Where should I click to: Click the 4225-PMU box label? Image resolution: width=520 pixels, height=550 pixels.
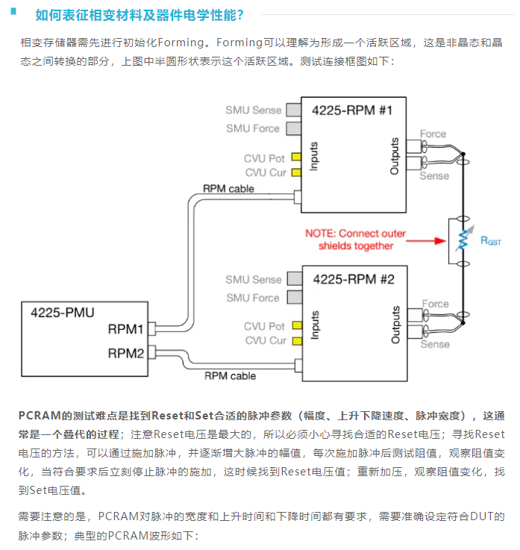pyautogui.click(x=62, y=312)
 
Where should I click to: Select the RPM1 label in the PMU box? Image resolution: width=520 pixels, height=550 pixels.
pyautogui.click(x=125, y=328)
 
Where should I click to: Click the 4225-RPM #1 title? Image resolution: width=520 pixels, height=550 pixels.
pyautogui.click(x=352, y=111)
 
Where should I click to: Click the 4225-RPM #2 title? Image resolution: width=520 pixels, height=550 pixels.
pyautogui.click(x=354, y=280)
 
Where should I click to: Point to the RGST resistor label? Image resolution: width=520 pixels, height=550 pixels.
pyautogui.click(x=490, y=240)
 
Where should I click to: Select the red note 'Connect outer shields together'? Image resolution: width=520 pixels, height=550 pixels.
pyautogui.click(x=356, y=240)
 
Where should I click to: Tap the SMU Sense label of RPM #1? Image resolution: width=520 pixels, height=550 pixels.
pyautogui.click(x=254, y=110)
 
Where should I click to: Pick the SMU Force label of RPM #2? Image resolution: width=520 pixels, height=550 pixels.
pyautogui.click(x=254, y=298)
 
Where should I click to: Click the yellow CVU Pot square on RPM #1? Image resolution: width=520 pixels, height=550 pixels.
pyautogui.click(x=296, y=157)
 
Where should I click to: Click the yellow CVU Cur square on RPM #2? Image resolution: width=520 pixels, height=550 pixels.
pyautogui.click(x=296, y=341)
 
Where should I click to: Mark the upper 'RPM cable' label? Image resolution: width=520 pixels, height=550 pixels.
pyautogui.click(x=228, y=189)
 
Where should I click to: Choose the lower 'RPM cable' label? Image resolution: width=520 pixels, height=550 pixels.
pyautogui.click(x=230, y=376)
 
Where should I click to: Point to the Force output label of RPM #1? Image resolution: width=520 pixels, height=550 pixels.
pyautogui.click(x=433, y=134)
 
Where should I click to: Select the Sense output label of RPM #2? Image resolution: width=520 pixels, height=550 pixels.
pyautogui.click(x=434, y=345)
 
